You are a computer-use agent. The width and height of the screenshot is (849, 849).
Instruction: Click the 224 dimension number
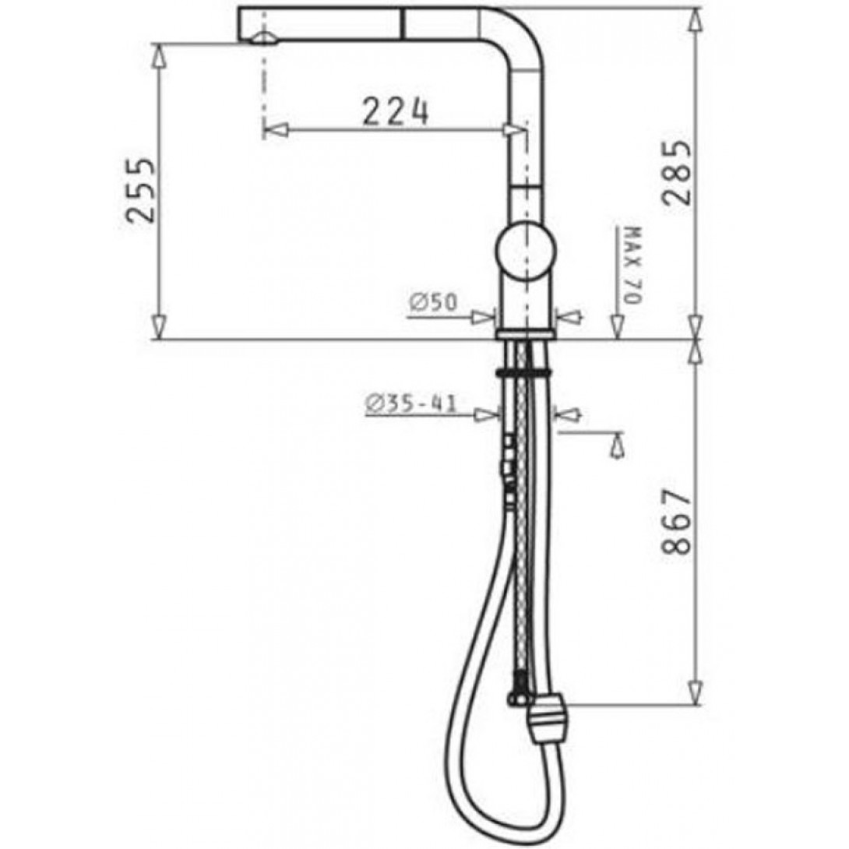(x=395, y=112)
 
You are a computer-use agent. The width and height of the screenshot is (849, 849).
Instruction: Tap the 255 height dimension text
(x=141, y=191)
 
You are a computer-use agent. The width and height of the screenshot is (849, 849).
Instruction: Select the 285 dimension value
(x=677, y=173)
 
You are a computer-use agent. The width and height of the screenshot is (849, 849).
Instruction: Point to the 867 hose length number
(x=677, y=523)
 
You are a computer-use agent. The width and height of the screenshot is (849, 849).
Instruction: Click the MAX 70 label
(x=632, y=266)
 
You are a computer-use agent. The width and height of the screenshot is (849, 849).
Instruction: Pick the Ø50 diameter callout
(x=433, y=302)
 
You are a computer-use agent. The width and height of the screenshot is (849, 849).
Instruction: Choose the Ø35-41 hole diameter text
(x=411, y=403)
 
